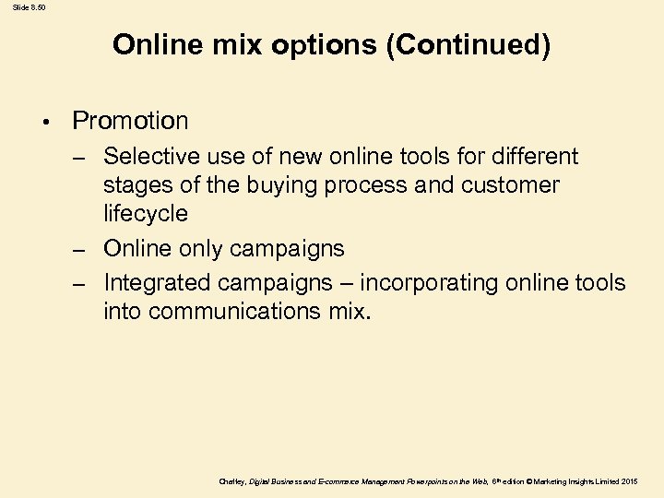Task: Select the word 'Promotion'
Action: point(130,121)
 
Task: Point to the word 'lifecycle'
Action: point(146,214)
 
